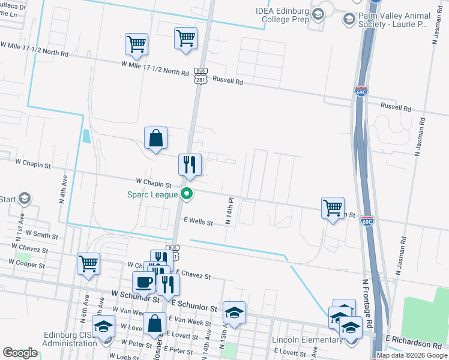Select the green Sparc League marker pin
[x=187, y=194]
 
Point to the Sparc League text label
[x=152, y=194]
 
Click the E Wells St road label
[x=199, y=222]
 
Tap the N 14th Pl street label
[x=229, y=211]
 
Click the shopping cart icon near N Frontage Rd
[x=333, y=208]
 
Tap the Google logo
[x=20, y=353]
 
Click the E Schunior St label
[x=193, y=307]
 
